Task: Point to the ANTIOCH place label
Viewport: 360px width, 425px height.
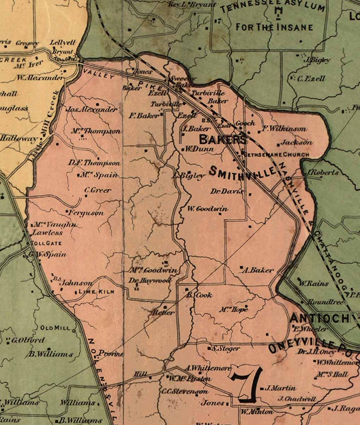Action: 320,318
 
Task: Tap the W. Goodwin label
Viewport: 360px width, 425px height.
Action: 208,209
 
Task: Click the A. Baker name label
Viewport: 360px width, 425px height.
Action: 259,270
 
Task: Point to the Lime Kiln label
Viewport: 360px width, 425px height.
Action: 97,291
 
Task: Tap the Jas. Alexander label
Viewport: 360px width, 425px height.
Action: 92,109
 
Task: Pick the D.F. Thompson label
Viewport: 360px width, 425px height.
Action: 94,163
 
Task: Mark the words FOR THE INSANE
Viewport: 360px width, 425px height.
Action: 274,27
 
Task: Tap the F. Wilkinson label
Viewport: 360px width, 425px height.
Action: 284,129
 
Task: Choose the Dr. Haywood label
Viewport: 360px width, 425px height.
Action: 150,281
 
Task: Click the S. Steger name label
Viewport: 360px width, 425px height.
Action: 226,348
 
